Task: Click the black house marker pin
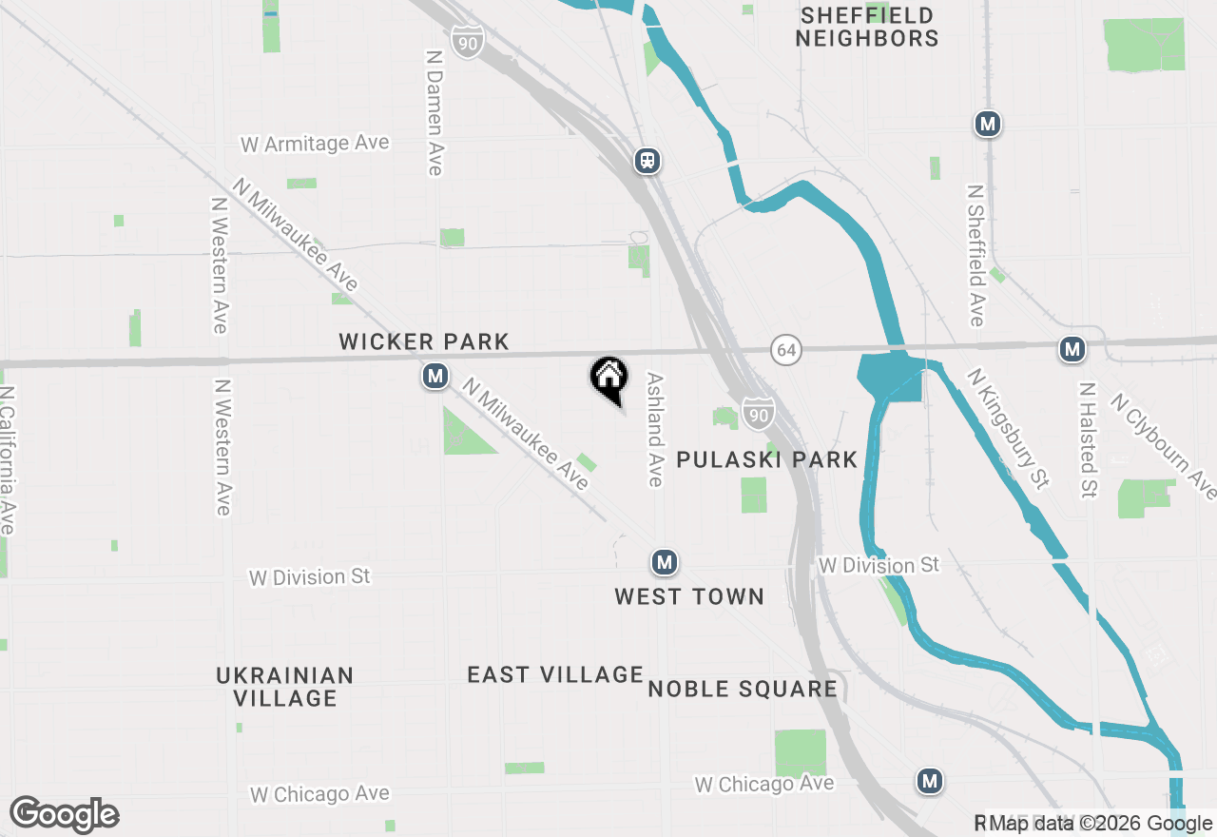click(x=608, y=379)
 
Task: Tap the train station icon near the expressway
click(x=647, y=161)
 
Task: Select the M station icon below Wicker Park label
click(x=435, y=377)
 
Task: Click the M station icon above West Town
click(x=665, y=563)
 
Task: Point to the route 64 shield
click(x=785, y=350)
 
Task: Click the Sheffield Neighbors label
click(x=867, y=28)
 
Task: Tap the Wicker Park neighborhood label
click(x=424, y=341)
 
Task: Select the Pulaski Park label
click(x=766, y=459)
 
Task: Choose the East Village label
click(x=555, y=674)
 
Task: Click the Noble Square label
click(x=743, y=689)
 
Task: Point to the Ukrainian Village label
click(x=285, y=687)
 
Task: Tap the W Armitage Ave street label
click(x=315, y=144)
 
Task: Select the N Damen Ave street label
click(x=435, y=112)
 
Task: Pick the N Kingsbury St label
click(x=1008, y=429)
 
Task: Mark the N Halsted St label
click(x=1088, y=439)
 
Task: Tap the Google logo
click(x=64, y=814)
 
